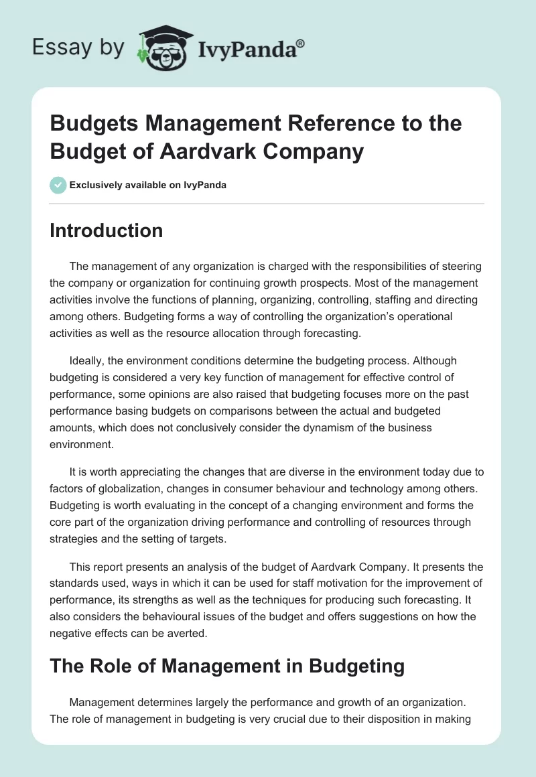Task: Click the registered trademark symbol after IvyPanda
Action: [301, 44]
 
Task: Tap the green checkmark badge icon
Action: [58, 185]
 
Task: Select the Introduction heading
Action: [106, 230]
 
